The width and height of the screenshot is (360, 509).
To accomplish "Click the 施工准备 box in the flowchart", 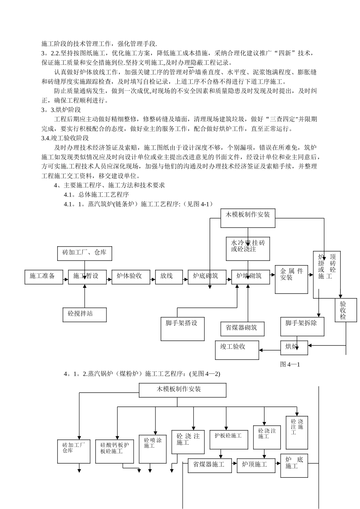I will click(x=44, y=277).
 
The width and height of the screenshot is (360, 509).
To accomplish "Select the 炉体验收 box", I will click(x=128, y=277).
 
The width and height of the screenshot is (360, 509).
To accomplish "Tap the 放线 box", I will click(x=166, y=277).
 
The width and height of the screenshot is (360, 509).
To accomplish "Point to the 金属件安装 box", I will click(x=291, y=279).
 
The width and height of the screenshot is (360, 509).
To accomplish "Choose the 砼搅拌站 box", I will click(x=84, y=314).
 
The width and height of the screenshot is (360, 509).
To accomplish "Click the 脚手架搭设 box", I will click(x=182, y=328).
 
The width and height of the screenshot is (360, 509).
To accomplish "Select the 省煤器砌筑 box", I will click(x=242, y=328).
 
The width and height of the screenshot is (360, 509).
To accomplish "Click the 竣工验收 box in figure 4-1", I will click(x=237, y=350).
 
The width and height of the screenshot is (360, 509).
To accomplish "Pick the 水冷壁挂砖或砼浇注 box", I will click(x=248, y=249).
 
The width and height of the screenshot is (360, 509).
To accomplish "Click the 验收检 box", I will click(x=346, y=310).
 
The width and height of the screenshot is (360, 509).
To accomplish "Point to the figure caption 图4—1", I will click(x=290, y=365).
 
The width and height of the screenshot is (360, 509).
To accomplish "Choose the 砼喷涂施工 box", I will click(x=153, y=448).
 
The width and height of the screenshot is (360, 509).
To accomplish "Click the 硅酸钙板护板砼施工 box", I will click(x=114, y=451).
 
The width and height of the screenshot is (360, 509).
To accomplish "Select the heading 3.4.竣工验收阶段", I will click(x=65, y=138).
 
